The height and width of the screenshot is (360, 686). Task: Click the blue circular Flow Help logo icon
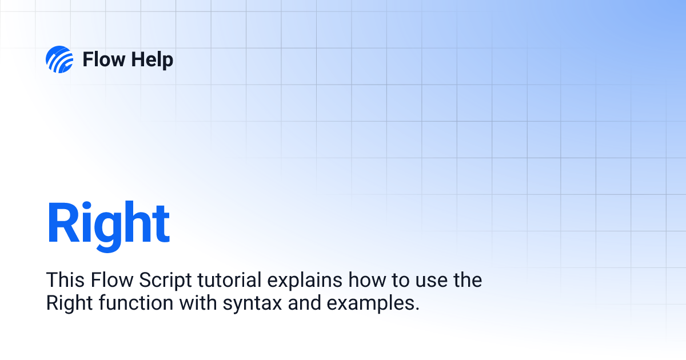click(59, 59)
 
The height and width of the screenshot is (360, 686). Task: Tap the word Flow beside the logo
click(104, 59)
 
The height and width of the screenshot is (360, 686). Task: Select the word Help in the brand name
click(152, 60)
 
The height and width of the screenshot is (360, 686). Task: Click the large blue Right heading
click(108, 226)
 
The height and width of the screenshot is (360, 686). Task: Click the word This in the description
click(65, 279)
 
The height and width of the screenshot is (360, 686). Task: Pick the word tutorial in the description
click(229, 279)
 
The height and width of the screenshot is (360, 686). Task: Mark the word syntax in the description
click(252, 305)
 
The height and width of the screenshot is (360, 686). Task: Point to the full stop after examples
click(417, 309)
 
